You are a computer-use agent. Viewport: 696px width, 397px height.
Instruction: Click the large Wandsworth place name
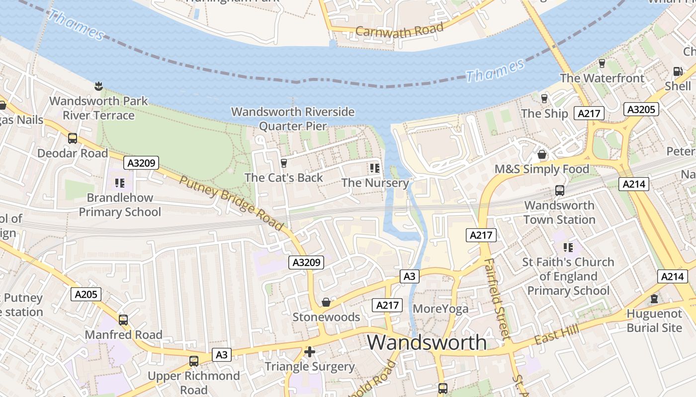[x=427, y=342]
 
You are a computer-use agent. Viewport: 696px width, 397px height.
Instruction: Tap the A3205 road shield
[x=641, y=110]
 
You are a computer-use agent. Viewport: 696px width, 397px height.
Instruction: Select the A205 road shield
[x=86, y=294]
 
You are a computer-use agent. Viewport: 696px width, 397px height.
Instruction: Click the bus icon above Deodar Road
[x=73, y=138]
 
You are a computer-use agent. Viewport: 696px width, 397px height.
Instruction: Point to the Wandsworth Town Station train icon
[x=560, y=191]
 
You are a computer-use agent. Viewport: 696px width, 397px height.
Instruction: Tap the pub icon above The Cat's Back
[x=284, y=163]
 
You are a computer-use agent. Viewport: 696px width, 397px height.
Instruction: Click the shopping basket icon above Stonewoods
[x=326, y=302]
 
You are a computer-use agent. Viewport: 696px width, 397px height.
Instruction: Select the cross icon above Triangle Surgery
[x=310, y=352]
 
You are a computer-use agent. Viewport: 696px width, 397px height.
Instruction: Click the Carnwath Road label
[x=399, y=30]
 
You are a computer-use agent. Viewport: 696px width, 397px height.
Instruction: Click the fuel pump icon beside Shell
[x=677, y=71]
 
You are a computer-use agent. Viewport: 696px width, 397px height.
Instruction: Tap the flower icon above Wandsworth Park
[x=98, y=86]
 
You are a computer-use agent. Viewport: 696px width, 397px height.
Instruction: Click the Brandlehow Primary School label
[x=120, y=204]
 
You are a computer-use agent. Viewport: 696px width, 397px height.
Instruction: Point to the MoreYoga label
[x=440, y=309]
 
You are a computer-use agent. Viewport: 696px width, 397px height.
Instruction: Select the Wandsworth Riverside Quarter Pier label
[x=293, y=119]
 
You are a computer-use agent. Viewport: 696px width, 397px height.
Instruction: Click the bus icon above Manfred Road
[x=123, y=320]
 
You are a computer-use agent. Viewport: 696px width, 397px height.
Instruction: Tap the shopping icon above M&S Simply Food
[x=542, y=154]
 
